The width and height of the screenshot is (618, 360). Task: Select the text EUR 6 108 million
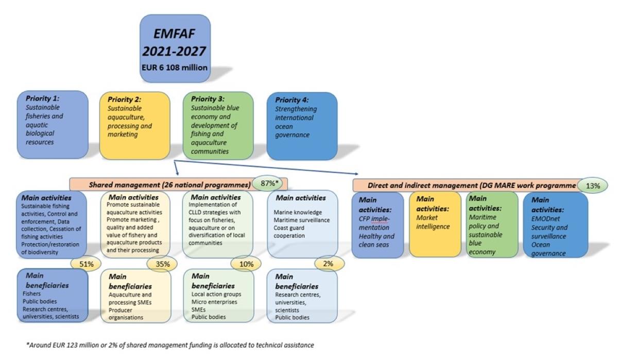175,67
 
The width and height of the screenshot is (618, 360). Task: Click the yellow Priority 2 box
134,125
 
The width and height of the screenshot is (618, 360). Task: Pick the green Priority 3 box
218,125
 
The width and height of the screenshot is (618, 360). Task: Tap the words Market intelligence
427,222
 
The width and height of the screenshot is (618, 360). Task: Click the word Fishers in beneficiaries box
32,293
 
